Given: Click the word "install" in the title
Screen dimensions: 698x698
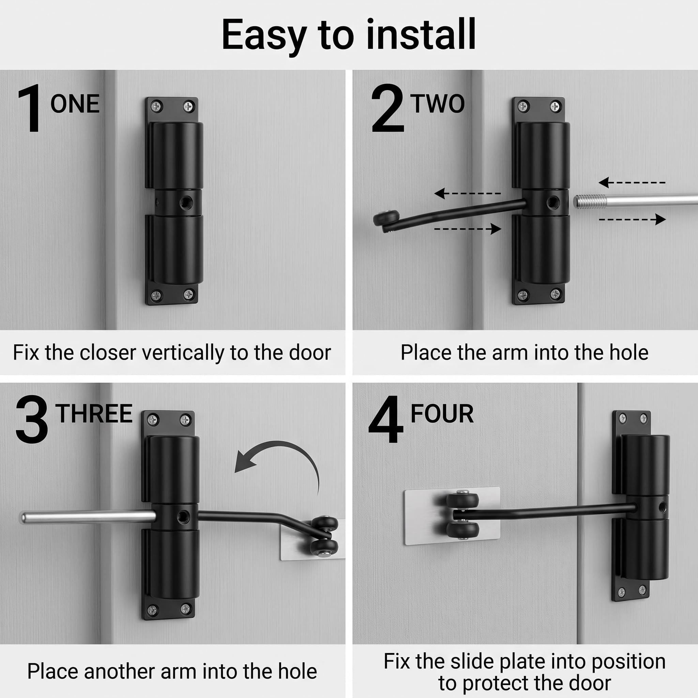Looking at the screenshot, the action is (x=421, y=34).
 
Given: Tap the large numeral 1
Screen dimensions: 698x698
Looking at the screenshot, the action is (x=29, y=108).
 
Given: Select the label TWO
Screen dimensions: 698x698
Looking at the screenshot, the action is (x=437, y=104).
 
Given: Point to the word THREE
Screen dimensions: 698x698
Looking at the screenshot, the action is (x=94, y=413).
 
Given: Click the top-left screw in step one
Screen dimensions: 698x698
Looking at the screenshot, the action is (x=156, y=107).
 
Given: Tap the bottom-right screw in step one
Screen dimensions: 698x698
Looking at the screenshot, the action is (x=188, y=294).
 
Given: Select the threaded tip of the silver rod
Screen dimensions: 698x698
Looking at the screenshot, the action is (x=590, y=201).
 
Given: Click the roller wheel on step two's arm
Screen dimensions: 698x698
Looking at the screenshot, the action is (x=386, y=218).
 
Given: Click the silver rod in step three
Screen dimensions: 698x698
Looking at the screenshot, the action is (x=88, y=517).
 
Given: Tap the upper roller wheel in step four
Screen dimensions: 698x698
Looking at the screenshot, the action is (x=462, y=500).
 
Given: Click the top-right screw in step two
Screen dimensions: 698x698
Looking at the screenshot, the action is (x=555, y=107).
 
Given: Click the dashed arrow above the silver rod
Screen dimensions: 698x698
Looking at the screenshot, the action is (x=632, y=182).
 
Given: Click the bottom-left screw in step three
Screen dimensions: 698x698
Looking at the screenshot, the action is (x=152, y=610).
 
